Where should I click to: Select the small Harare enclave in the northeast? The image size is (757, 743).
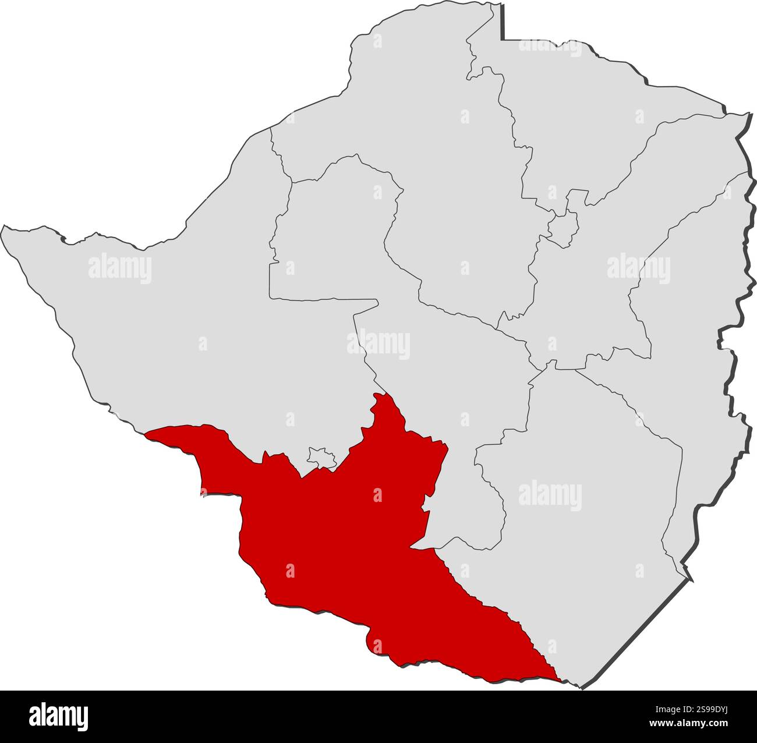tap(563, 225)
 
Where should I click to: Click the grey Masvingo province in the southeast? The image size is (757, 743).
tap(582, 524)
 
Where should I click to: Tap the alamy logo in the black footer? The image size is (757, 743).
tap(59, 716)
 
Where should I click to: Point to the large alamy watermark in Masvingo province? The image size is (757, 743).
tap(550, 496)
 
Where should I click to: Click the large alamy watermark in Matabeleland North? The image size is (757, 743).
tap(120, 268)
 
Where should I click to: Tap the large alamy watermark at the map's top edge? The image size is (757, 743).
tap(550, 45)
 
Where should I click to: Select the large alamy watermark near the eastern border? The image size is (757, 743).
tap(638, 268)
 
